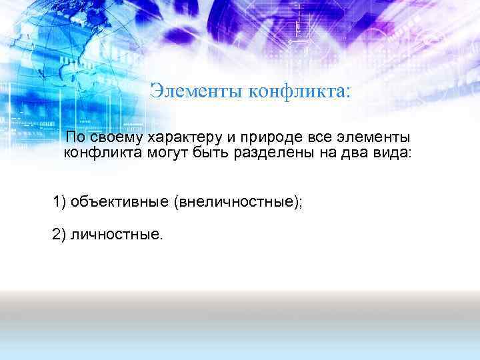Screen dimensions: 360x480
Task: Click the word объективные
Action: point(119,201)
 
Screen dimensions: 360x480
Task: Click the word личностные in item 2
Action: point(116,233)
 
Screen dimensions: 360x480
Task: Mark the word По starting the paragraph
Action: point(75,138)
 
